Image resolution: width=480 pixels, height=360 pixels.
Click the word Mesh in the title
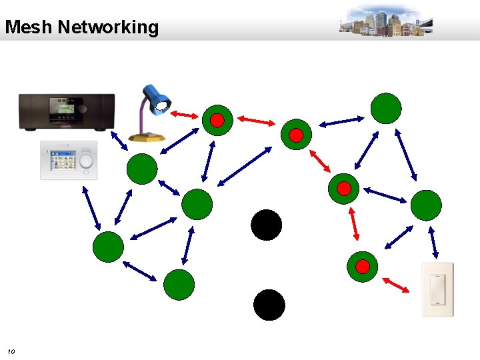pyautogui.click(x=29, y=27)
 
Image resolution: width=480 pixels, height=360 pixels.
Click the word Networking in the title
pyautogui.click(x=108, y=27)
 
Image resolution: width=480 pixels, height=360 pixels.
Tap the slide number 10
pyautogui.click(x=11, y=351)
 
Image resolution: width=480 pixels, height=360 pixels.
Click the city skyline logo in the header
pyautogui.click(x=385, y=21)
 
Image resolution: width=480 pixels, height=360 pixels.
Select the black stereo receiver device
pyautogui.click(x=66, y=111)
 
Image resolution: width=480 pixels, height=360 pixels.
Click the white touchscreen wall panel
pyautogui.click(x=68, y=160)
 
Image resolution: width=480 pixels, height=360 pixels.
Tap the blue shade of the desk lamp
pyautogui.click(x=157, y=97)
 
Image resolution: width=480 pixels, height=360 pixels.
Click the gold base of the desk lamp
pyautogui.click(x=147, y=137)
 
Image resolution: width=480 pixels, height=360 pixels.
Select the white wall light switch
pyautogui.click(x=437, y=289)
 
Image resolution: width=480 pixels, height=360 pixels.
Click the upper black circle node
pyautogui.click(x=266, y=225)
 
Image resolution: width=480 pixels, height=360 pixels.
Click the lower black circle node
pyautogui.click(x=269, y=305)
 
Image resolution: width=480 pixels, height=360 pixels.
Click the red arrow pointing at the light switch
pyautogui.click(x=397, y=285)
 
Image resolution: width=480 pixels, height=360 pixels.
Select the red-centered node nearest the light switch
pyautogui.click(x=362, y=267)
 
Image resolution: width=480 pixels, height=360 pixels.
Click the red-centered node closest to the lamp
pyautogui.click(x=217, y=120)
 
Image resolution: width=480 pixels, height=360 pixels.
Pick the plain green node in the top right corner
pyautogui.click(x=386, y=108)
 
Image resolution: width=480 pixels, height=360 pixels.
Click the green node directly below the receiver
pyautogui.click(x=142, y=169)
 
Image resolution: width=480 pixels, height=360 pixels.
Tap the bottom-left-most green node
pyautogui.click(x=108, y=247)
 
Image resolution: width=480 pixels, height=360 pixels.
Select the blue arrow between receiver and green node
pyautogui.click(x=119, y=141)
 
